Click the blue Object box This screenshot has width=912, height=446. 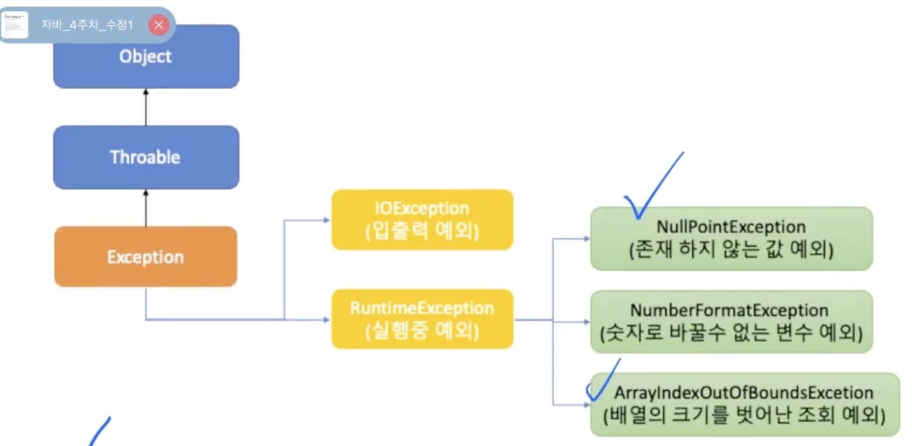tap(146, 56)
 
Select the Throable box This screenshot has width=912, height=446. tap(146, 157)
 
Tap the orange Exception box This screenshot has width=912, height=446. tap(145, 257)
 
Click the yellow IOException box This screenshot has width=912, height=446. tap(422, 220)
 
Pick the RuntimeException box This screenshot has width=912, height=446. tap(422, 319)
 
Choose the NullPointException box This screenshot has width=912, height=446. tap(731, 239)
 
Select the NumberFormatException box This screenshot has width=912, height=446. tap(731, 322)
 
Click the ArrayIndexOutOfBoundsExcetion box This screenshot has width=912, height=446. tap(745, 404)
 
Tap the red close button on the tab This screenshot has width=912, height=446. tap(159, 25)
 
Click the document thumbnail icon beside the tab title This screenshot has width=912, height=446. tap(14, 25)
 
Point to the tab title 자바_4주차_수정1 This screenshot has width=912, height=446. tap(87, 25)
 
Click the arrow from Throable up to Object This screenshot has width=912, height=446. tap(146, 107)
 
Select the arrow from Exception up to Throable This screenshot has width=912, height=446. tap(146, 208)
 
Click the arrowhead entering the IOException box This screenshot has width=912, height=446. tap(327, 220)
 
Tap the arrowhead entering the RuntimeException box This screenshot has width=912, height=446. tap(327, 320)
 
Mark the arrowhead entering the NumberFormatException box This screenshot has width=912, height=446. tap(586, 322)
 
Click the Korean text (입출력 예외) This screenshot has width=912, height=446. tap(422, 231)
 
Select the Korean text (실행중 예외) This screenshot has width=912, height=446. tap(422, 331)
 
